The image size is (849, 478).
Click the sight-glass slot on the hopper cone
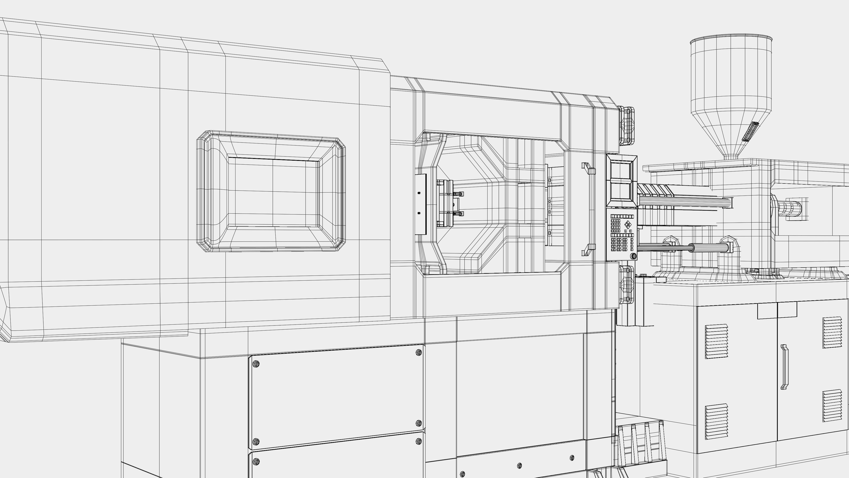coord(750,131)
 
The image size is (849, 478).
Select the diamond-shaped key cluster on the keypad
coord(627,225)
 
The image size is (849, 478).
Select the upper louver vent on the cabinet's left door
coord(716,341)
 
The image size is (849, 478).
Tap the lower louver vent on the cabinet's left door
coord(716,421)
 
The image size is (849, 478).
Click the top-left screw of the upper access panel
coord(256,364)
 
